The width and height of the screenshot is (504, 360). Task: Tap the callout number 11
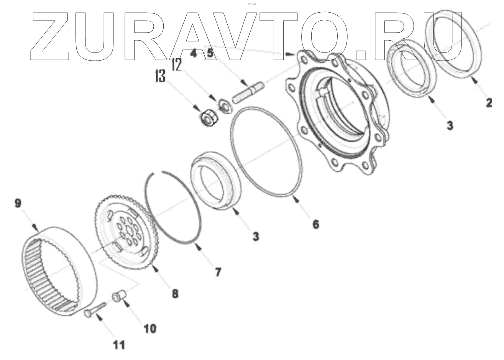[x=119, y=345]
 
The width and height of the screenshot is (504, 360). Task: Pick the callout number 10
[x=150, y=329]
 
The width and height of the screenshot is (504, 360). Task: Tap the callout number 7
[x=217, y=273]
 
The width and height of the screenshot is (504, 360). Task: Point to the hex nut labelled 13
[x=208, y=117]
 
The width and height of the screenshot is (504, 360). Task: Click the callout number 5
[x=210, y=53]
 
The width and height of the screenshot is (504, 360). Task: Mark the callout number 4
[x=194, y=53]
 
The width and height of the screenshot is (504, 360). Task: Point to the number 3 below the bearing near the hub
[x=450, y=125]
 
